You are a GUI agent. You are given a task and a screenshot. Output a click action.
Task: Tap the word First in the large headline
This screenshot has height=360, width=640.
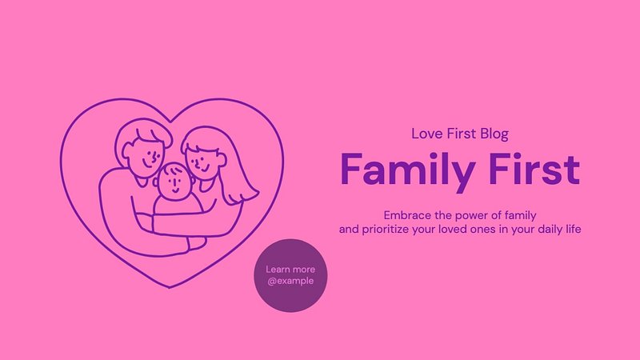coord(534,169)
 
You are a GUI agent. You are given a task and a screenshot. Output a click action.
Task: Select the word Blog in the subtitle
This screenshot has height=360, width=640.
coord(494,134)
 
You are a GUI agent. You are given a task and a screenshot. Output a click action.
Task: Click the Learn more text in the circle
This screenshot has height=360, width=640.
coord(290,270)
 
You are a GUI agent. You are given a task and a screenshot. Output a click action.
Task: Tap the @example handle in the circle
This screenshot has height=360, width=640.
coord(290,281)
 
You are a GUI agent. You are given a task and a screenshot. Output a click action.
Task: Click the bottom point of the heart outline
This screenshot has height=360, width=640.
coord(170,287)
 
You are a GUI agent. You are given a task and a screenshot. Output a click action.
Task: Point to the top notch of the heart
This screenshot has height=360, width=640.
coord(170,122)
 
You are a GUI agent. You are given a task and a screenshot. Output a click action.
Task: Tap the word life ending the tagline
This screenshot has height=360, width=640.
coord(573,229)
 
